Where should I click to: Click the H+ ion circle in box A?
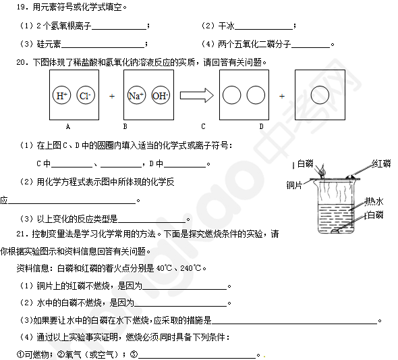pos(61,95)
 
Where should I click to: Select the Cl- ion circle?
pos(86,95)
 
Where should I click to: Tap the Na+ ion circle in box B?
pos(136,95)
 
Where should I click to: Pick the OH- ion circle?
pos(161,95)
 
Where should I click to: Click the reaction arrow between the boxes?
pos(197,95)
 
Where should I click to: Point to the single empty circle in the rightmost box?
pos(320,95)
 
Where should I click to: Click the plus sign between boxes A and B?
pos(112,97)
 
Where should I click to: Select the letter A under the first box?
pos(67,126)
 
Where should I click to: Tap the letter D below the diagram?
pos(262,126)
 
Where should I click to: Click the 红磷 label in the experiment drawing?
pos(382,163)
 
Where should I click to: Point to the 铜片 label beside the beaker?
pos(294,185)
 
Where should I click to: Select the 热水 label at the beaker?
pos(374,201)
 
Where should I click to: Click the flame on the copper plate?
pos(322,170)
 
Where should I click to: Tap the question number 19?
pos(22,7)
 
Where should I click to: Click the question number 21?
pos(22,234)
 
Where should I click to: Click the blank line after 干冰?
pos(264,30)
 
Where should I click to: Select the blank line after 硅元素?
pos(103,47)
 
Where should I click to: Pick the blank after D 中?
pos(185,167)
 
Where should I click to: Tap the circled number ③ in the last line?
pos(134,354)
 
